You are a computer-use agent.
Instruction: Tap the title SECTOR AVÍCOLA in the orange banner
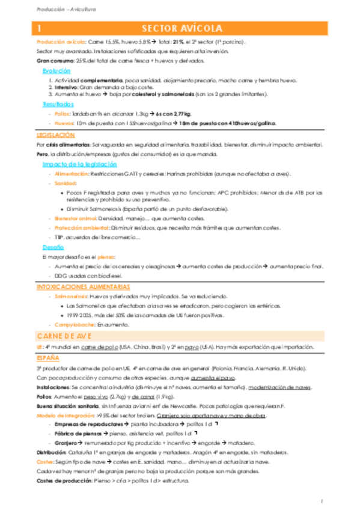[182, 29]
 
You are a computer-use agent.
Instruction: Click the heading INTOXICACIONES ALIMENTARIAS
[84, 287]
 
